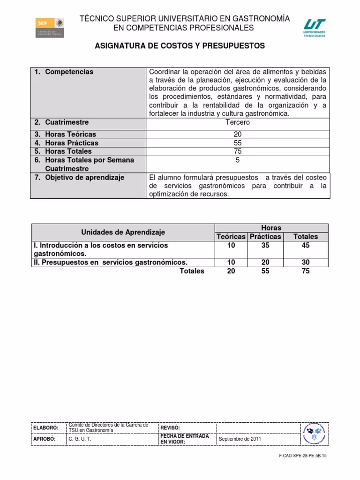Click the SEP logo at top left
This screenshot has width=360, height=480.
pos(50,28)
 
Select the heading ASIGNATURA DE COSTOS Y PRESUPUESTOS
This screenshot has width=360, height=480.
pos(180,46)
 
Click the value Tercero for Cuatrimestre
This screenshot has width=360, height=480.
pos(238,122)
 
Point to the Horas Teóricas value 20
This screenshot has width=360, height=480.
pos(238,135)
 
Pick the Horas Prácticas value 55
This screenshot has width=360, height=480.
pos(238,143)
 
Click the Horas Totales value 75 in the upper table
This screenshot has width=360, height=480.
pos(238,151)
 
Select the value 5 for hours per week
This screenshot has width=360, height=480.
pos(238,160)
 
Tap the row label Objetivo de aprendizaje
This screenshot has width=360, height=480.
pos(84,178)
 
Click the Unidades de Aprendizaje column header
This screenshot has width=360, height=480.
pos(123,232)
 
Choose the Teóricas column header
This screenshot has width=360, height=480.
pos(231,237)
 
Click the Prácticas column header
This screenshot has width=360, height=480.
pos(265,237)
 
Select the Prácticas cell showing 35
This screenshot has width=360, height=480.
pos(265,245)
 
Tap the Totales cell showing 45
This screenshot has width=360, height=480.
pos(306,245)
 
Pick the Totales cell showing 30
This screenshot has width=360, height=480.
pos(306,262)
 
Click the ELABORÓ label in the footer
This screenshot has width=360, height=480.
pos(45,428)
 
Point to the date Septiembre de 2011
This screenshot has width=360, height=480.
pos(240,439)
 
